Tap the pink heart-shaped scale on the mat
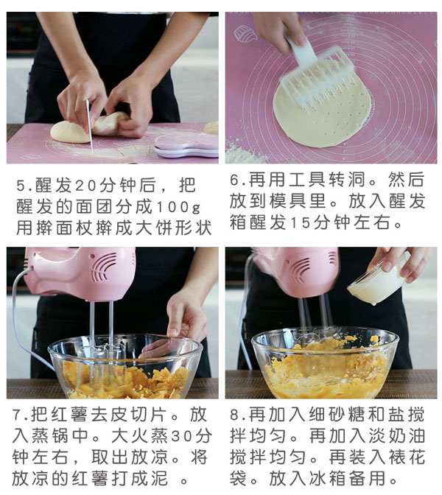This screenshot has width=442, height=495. coord(185,144)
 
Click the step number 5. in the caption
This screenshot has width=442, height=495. coord(22,184)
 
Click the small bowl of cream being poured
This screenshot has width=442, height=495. coord(376,282)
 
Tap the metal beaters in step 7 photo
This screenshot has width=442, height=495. coord(101,331)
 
